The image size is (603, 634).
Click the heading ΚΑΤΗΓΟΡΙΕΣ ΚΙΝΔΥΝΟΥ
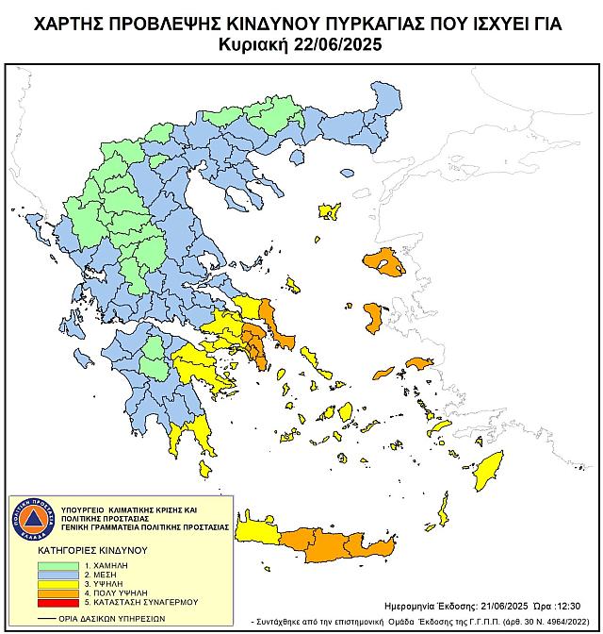(89, 547)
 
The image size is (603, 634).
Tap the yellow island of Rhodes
(488, 469)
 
